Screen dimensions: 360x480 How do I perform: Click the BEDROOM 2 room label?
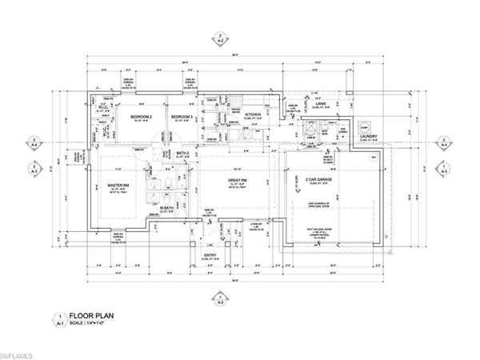click(142, 117)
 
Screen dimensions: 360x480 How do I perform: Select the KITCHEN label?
click(254, 115)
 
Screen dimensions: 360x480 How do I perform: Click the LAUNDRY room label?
click(368, 136)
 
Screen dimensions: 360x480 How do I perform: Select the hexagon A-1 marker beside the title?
click(57, 319)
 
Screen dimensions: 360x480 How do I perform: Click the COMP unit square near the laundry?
click(363, 127)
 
